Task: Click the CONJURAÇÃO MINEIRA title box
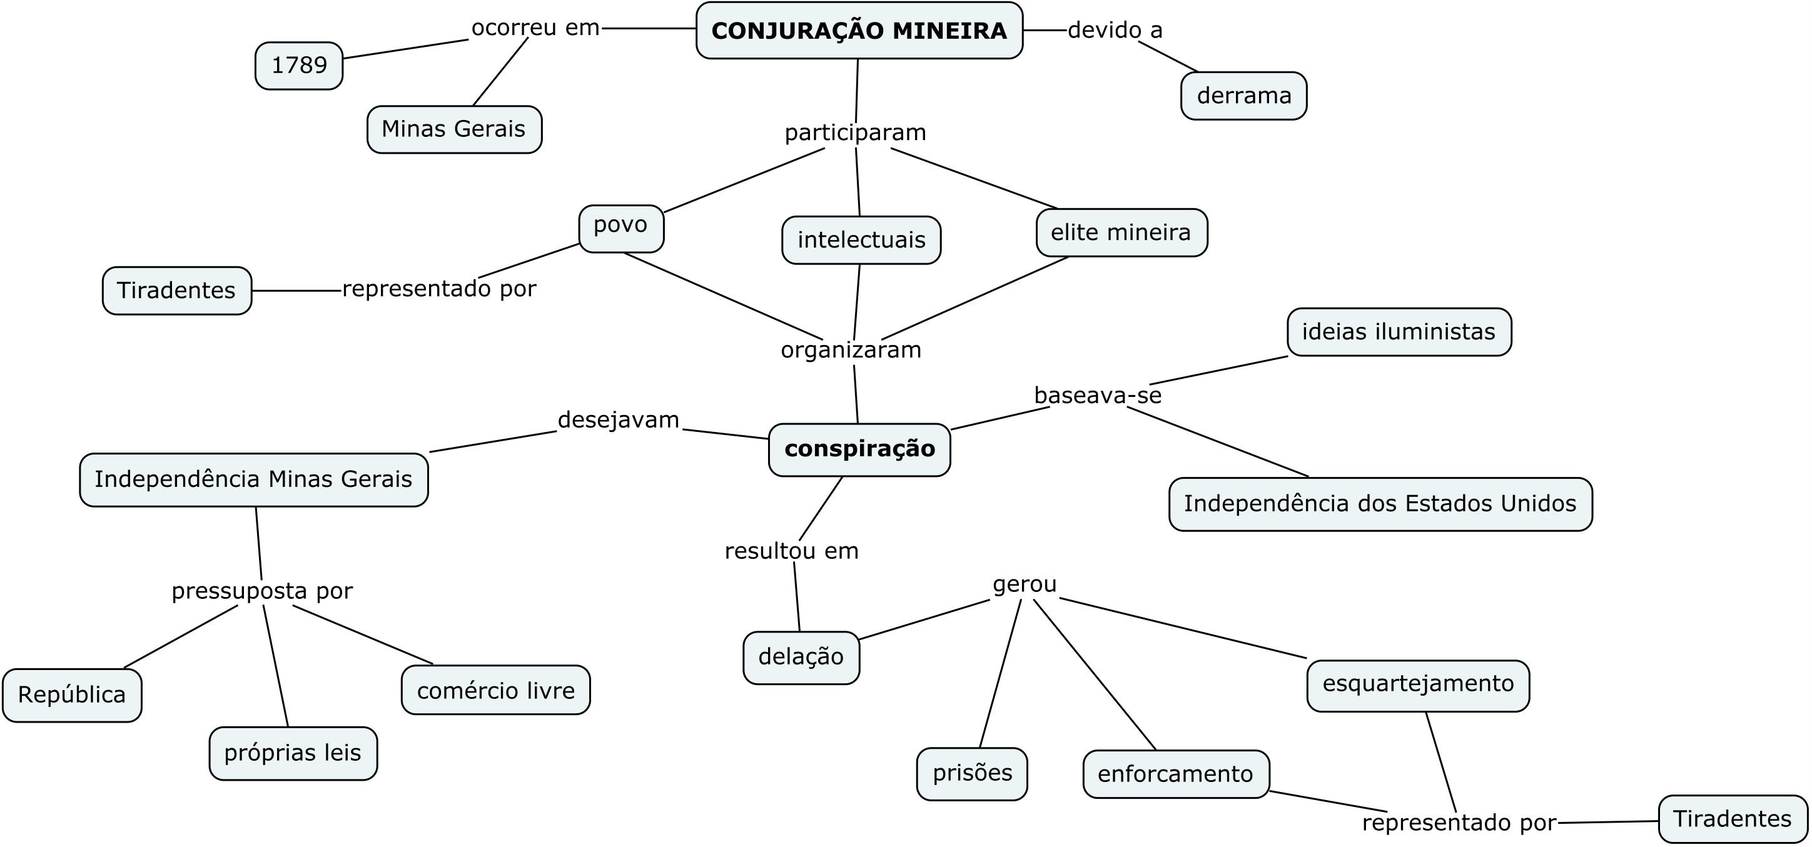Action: (x=859, y=30)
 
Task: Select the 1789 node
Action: (x=299, y=66)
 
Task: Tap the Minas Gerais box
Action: (x=454, y=129)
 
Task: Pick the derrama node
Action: (x=1243, y=96)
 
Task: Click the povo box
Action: (x=621, y=228)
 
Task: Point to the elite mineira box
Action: (x=1122, y=233)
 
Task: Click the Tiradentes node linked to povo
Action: (x=176, y=290)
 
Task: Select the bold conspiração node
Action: (x=859, y=450)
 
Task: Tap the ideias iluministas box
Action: (x=1399, y=332)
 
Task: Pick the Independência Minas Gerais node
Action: (x=254, y=479)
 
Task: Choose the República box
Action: (x=72, y=695)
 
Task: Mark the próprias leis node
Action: (x=293, y=753)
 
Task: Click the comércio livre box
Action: (x=496, y=690)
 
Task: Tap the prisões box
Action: (x=972, y=774)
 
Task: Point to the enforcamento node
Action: (x=1176, y=774)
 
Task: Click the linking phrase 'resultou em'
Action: (x=792, y=551)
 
